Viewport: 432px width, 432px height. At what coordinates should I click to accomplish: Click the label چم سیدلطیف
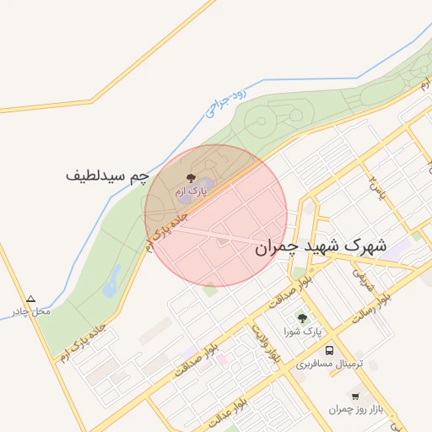[107, 176]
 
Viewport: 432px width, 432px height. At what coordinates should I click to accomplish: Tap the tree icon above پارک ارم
[189, 179]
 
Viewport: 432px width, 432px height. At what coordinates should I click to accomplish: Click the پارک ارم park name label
[191, 192]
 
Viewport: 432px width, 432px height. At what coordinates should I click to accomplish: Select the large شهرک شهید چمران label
[321, 246]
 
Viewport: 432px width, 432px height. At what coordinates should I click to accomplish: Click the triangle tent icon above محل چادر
[31, 299]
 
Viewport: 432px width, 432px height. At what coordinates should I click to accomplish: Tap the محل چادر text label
[35, 311]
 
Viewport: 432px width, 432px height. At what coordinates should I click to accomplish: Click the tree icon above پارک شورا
[302, 318]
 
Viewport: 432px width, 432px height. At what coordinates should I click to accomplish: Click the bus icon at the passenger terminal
[329, 350]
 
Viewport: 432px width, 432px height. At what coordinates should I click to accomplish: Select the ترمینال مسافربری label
[329, 364]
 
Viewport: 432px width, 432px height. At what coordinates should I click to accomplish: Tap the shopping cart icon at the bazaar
[355, 395]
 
